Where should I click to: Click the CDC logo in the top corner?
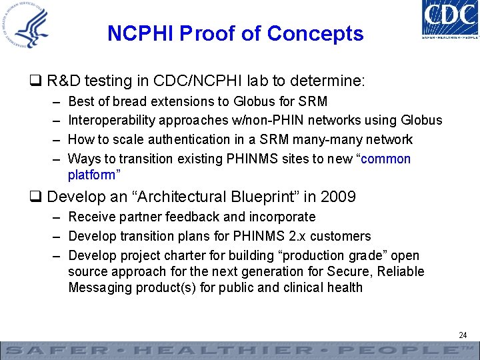click(x=449, y=18)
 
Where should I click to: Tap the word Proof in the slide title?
click(x=204, y=33)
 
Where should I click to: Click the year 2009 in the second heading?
click(x=338, y=197)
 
